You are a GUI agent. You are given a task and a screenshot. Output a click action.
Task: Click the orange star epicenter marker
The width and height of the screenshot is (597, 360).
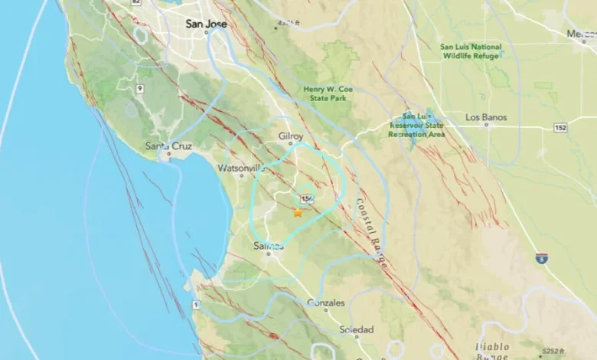click(x=298, y=212)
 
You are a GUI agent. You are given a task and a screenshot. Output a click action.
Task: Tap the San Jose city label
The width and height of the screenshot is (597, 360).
click(x=207, y=24)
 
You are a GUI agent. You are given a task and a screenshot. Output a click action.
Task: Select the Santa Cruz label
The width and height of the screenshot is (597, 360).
click(x=168, y=146)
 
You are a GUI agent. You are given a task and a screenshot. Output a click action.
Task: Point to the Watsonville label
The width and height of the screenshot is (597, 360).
click(x=241, y=168)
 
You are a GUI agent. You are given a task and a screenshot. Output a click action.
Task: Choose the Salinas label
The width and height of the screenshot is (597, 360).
click(x=269, y=246)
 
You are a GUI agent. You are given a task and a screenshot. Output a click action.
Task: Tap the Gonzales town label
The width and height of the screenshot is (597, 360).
click(x=325, y=303)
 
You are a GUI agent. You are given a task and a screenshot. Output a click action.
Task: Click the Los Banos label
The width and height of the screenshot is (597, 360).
click(x=486, y=117)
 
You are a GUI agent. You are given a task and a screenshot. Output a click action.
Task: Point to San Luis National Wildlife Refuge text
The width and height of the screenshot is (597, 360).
click(x=471, y=51)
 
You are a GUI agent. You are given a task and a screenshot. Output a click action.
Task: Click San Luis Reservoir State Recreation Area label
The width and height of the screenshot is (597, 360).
click(x=416, y=125)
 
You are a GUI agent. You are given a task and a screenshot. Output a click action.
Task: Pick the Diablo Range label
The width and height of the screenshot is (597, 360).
click(x=492, y=351)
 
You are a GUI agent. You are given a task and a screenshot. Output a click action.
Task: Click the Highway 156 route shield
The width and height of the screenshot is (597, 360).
click(x=308, y=199)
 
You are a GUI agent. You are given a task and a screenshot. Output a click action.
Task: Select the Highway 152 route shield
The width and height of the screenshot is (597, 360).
click(x=560, y=127)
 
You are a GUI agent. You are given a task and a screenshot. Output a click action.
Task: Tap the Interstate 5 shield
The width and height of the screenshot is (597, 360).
click(x=541, y=258)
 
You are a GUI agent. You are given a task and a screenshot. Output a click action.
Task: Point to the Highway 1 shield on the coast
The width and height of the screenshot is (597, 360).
click(x=195, y=306)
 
